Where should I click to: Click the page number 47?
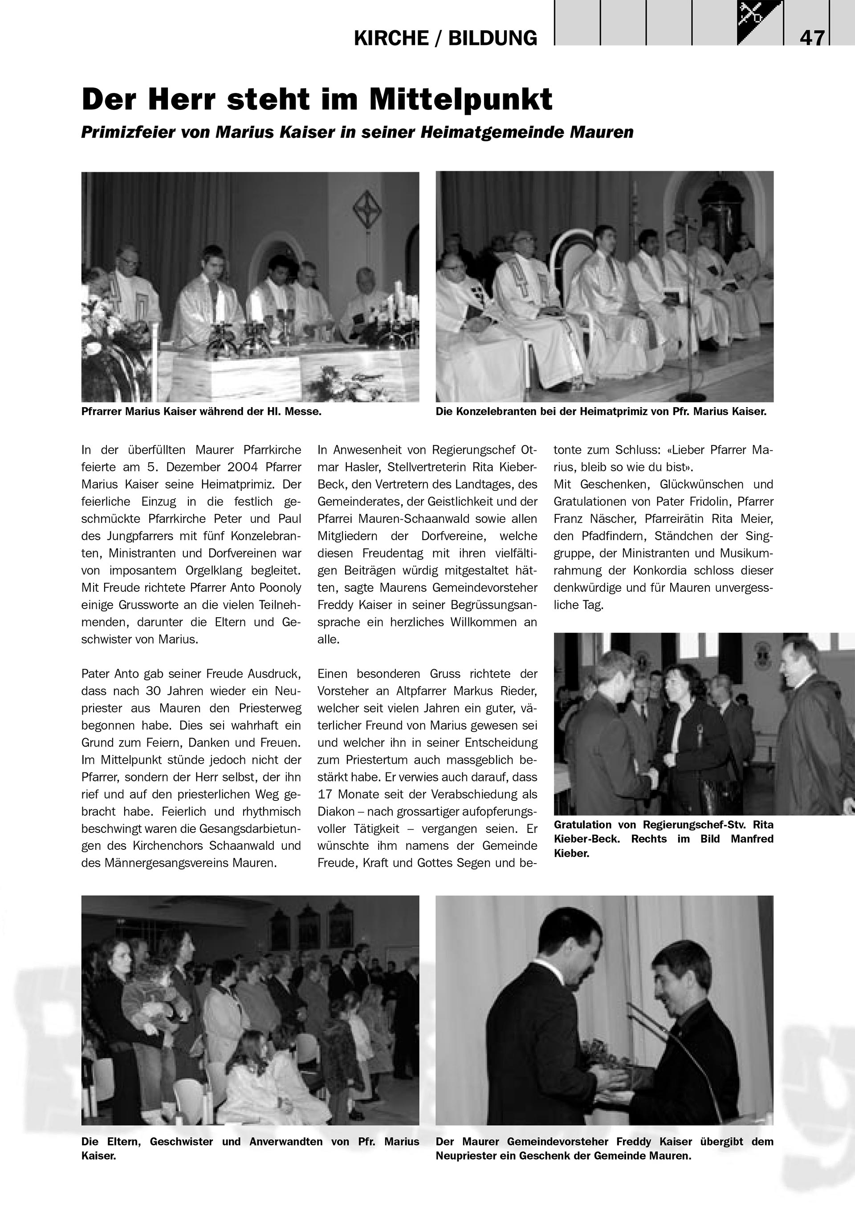tap(812, 38)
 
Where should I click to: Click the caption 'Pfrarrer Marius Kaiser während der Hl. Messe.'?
tap(201, 412)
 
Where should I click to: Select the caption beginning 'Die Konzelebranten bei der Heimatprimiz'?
tap(601, 412)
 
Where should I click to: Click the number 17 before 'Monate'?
tap(327, 794)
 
